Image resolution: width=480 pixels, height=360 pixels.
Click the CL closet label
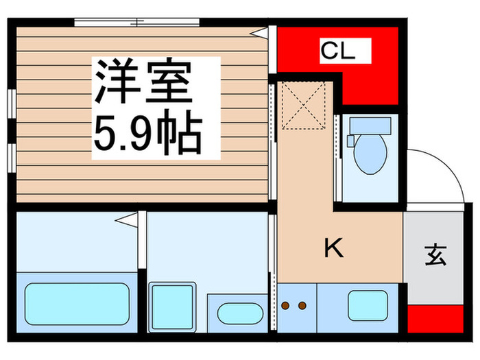(x=338, y=51)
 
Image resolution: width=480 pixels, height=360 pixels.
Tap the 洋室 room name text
(x=143, y=80)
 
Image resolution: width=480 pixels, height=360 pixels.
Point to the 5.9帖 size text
(x=148, y=132)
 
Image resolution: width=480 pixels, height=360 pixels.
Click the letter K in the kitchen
(x=334, y=248)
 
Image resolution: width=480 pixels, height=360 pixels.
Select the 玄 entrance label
(x=435, y=255)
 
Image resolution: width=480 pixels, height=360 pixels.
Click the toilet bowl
(x=370, y=154)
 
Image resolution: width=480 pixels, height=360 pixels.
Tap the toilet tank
(x=370, y=125)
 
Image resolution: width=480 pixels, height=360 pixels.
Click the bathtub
(x=77, y=304)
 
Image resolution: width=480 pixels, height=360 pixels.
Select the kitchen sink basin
(x=368, y=306)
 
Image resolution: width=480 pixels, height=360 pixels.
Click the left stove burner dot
(x=286, y=306)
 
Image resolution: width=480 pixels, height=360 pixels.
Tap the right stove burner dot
(x=302, y=306)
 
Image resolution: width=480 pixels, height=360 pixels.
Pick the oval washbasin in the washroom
(x=240, y=313)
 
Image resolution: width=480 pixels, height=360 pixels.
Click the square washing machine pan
(x=171, y=307)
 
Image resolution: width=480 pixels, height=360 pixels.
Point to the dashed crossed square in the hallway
(x=303, y=106)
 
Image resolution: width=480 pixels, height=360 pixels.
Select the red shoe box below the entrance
(x=435, y=318)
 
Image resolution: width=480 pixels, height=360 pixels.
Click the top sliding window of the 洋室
(x=137, y=23)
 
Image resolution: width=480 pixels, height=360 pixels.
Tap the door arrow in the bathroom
(x=126, y=220)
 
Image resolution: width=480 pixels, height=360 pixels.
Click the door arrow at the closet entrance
(x=260, y=32)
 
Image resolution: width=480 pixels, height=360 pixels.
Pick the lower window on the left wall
(x=12, y=158)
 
